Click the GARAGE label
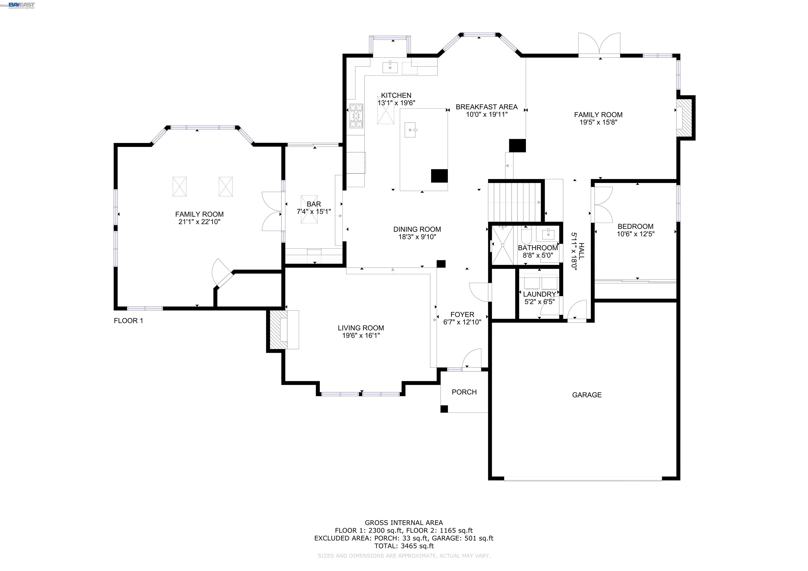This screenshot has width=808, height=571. pyautogui.click(x=587, y=395)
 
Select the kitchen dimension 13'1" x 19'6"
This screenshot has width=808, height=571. pyautogui.click(x=396, y=103)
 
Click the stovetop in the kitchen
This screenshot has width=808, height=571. pyautogui.click(x=356, y=116)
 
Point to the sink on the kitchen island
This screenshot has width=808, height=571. pyautogui.click(x=410, y=130)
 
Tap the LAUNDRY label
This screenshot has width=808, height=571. pyautogui.click(x=539, y=294)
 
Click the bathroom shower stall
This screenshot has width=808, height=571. pyautogui.click(x=502, y=245)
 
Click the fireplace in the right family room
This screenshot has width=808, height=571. pyautogui.click(x=684, y=118)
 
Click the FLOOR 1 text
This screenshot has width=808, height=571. pyautogui.click(x=128, y=321)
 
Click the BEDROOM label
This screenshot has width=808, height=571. pyautogui.click(x=635, y=227)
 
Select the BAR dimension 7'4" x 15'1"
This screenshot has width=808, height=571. pyautogui.click(x=314, y=212)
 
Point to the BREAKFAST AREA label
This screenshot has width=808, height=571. pyautogui.click(x=486, y=107)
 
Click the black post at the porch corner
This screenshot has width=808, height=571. pyautogui.click(x=444, y=409)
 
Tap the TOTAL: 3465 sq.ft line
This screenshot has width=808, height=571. pyautogui.click(x=404, y=546)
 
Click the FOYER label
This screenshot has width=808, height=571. pyautogui.click(x=462, y=314)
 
